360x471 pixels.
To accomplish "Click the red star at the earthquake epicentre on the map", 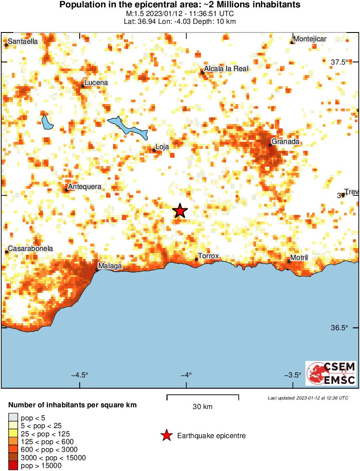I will pyautogui.click(x=180, y=211).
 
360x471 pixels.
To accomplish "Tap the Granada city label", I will pyautogui.click(x=285, y=142).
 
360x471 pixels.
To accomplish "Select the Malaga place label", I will pyautogui.click(x=110, y=266).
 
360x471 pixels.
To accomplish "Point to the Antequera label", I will pyautogui.click(x=85, y=187).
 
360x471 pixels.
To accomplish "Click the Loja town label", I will pyautogui.click(x=162, y=147).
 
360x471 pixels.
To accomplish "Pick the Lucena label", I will pyautogui.click(x=96, y=83).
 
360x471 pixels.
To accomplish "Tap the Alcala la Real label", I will pyautogui.click(x=226, y=69).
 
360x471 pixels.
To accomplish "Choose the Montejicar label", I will pyautogui.click(x=310, y=39).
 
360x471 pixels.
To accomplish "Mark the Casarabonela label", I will pyautogui.click(x=31, y=249).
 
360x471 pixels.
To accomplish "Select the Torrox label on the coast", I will pyautogui.click(x=208, y=256).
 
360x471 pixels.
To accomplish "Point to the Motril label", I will pyautogui.click(x=299, y=258).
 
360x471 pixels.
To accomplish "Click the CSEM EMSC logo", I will pyautogui.click(x=331, y=373).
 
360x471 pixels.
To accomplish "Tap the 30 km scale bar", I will pyautogui.click(x=203, y=396).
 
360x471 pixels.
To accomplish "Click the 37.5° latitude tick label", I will pyautogui.click(x=339, y=62).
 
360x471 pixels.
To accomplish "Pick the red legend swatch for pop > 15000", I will pyautogui.click(x=13, y=466).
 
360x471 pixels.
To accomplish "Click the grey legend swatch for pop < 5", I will pyautogui.click(x=13, y=418).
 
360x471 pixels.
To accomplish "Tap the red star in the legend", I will pyautogui.click(x=166, y=435).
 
